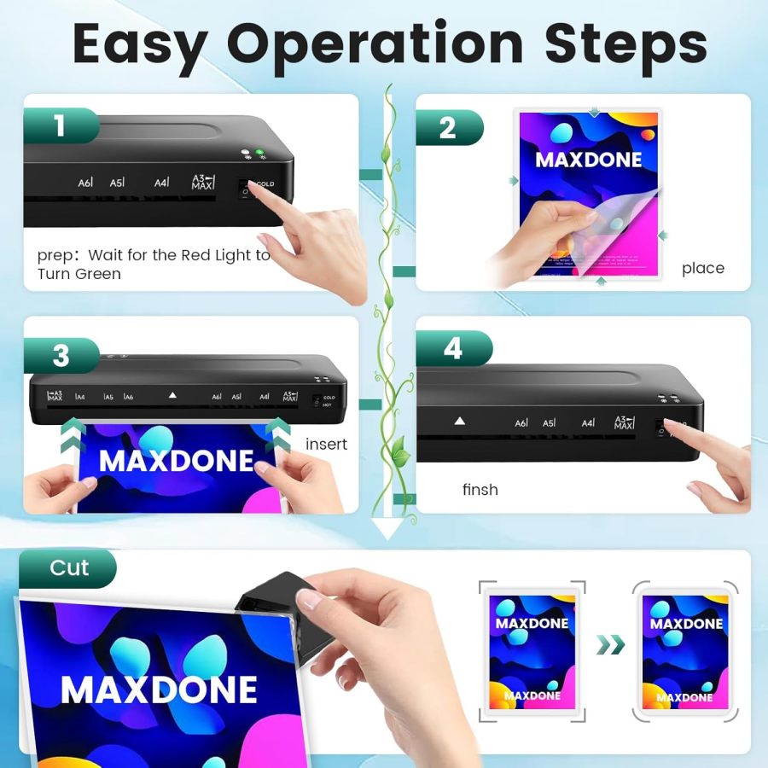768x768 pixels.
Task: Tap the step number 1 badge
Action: [x=60, y=126]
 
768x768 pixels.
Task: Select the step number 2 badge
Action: [x=448, y=128]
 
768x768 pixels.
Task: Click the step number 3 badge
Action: [x=61, y=355]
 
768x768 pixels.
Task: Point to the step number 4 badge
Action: [x=453, y=349]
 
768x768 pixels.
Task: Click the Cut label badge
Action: [x=68, y=568]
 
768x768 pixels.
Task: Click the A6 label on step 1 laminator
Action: [x=85, y=183]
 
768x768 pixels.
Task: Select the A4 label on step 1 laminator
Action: [x=161, y=183]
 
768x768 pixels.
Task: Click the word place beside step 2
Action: [x=702, y=268]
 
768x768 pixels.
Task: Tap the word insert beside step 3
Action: [x=326, y=444]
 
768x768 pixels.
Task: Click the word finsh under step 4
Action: [x=480, y=490]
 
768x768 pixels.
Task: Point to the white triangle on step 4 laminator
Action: [x=460, y=421]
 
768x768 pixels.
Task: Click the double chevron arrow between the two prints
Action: [x=610, y=644]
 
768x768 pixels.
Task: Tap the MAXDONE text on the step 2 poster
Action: [x=588, y=159]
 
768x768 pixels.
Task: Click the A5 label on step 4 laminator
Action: [x=549, y=422]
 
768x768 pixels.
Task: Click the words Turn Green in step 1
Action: [x=79, y=274]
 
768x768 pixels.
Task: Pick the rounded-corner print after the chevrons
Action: [x=684, y=650]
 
